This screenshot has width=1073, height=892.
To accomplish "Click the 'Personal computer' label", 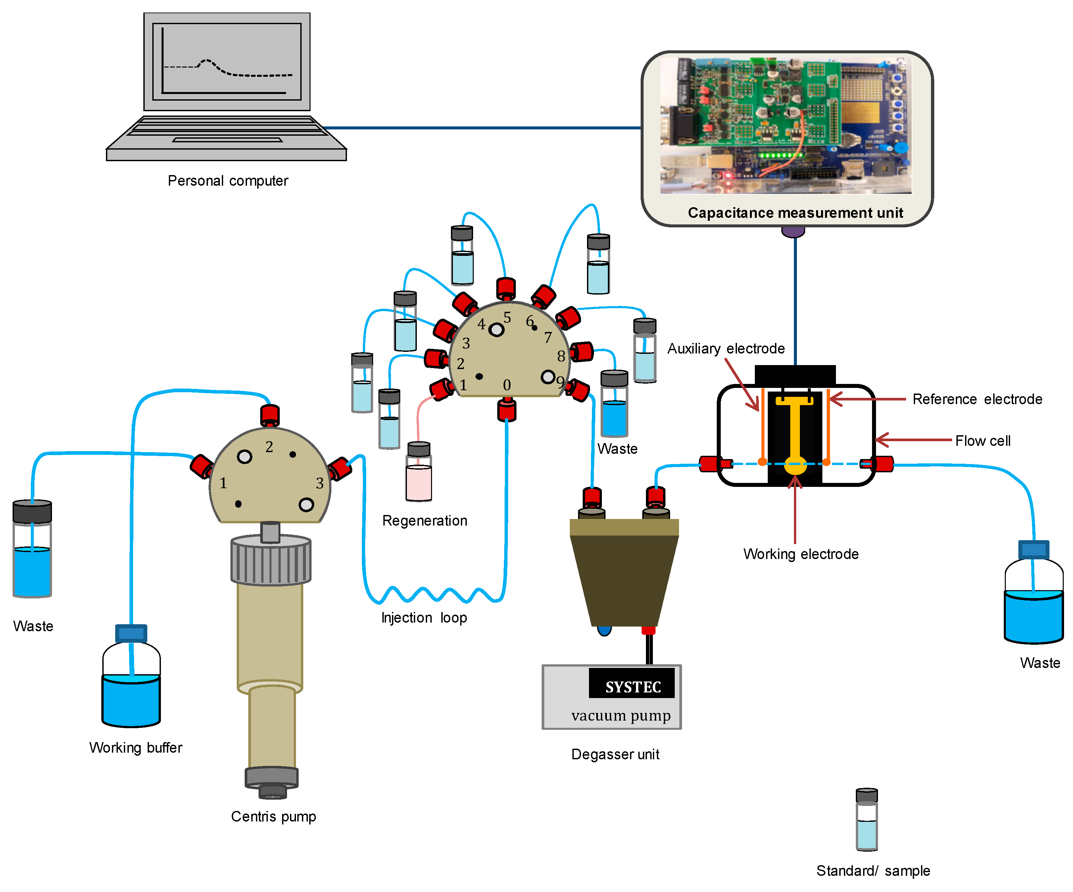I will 228,181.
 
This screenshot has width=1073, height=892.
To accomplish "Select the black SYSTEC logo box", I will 632,683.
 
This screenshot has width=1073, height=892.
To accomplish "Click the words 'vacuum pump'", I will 621,715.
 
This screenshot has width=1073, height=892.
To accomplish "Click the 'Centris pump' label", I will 273,817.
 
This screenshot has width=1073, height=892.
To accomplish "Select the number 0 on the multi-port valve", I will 507,385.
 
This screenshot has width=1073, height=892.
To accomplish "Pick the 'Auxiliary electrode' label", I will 726,349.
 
